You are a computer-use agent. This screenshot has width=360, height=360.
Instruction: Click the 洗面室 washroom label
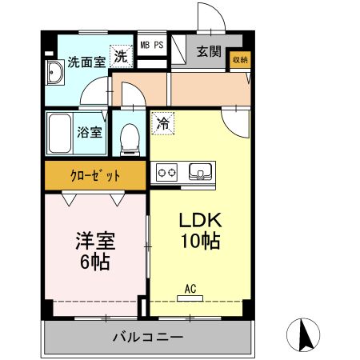[x=86, y=61]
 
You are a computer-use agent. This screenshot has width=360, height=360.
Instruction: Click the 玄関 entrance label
[x=210, y=51]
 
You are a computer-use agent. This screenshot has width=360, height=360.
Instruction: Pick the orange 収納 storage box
[x=240, y=59]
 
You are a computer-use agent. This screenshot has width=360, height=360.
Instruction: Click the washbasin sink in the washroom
[x=56, y=76]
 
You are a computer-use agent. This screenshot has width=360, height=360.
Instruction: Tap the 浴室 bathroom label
[x=89, y=132]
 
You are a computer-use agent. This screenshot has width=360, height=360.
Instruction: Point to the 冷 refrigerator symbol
[x=162, y=123]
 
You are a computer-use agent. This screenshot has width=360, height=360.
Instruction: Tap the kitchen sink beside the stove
[x=200, y=171]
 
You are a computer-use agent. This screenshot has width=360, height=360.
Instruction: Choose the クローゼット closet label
[x=95, y=174]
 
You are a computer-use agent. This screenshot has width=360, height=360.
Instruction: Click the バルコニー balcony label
[x=147, y=338]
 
